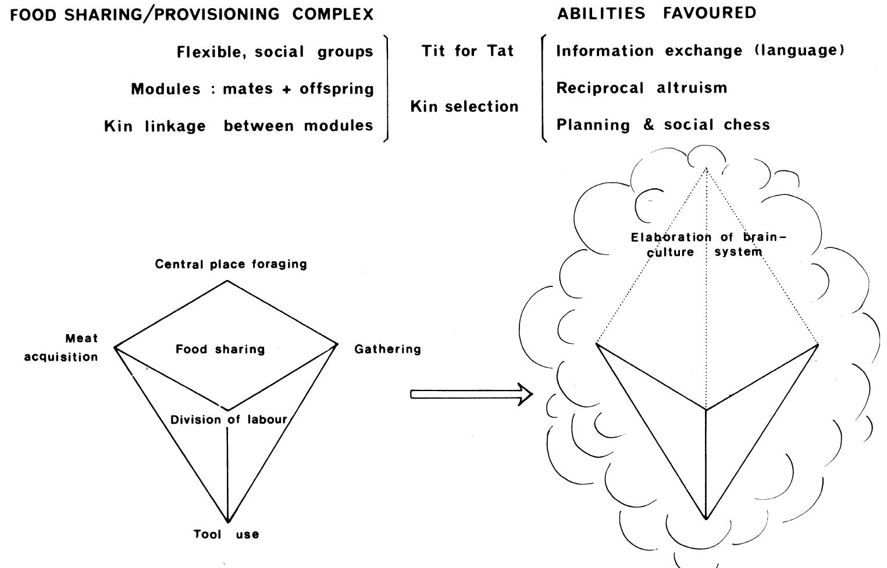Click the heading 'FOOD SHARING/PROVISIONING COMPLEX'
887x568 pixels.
tap(192, 15)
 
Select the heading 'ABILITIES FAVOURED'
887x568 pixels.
tap(657, 13)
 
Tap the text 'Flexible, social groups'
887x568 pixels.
tap(275, 52)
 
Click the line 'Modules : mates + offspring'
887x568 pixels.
tap(252, 89)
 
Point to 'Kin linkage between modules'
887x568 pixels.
tap(238, 126)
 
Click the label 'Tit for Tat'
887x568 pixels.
tap(468, 51)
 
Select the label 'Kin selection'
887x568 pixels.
tap(464, 106)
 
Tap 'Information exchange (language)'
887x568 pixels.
tap(700, 51)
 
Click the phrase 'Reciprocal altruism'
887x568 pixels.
tap(642, 88)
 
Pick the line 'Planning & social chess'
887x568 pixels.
tap(663, 125)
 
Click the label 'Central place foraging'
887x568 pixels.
tap(231, 264)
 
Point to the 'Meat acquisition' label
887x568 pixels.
tap(61, 347)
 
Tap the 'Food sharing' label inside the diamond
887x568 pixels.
tap(220, 349)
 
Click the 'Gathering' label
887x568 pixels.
tap(387, 349)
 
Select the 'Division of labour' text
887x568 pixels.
tap(229, 420)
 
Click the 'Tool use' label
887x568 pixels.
tap(226, 534)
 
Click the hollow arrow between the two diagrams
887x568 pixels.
tap(471, 394)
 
